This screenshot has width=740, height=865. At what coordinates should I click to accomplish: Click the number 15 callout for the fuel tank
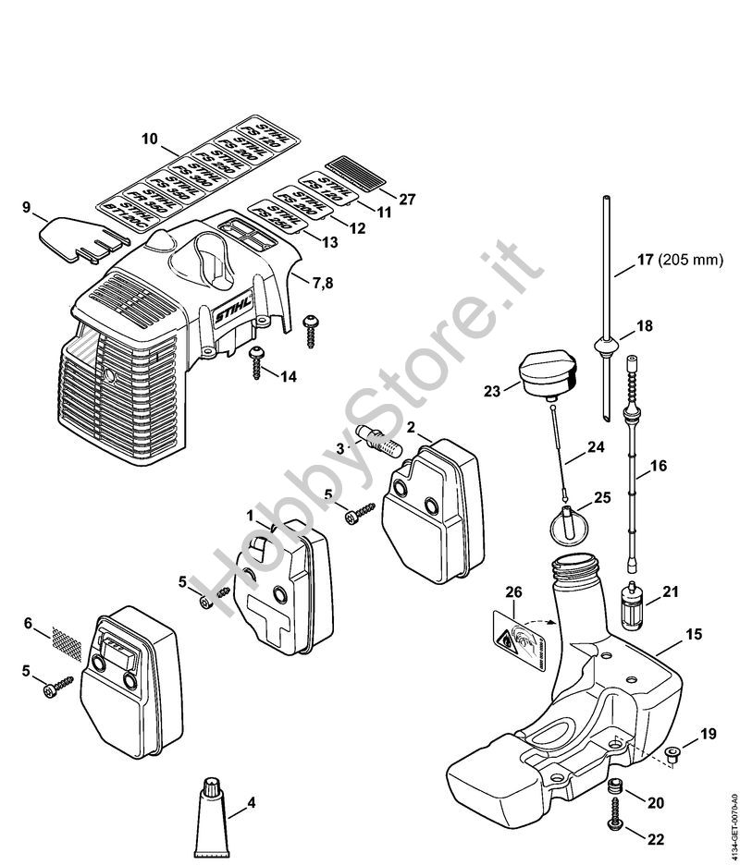point(693,634)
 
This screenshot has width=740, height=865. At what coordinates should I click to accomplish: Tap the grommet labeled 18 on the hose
point(602,348)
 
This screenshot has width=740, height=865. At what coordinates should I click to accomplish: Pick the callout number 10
point(150,139)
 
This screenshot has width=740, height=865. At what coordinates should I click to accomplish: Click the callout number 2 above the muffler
point(411,428)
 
